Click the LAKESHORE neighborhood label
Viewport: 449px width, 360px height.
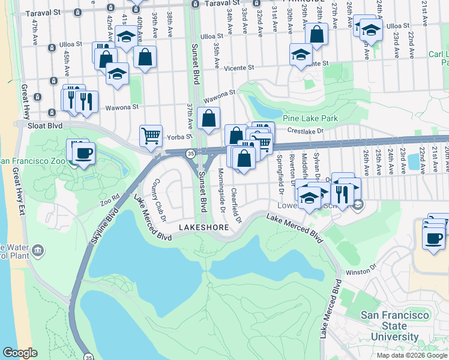pos(203,228)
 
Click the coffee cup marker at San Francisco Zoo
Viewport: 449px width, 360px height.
pos(84,152)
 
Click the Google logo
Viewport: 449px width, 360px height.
pos(20,353)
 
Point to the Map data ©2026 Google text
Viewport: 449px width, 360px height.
pos(411,355)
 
